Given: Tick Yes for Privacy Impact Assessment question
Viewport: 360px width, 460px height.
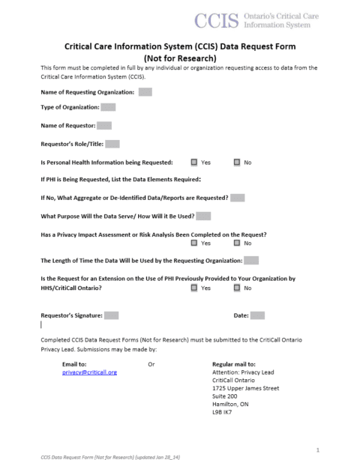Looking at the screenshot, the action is coord(194,243).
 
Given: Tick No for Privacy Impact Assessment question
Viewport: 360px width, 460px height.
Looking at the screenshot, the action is coord(237,243).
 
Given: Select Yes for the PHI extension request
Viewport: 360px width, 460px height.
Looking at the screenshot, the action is coord(194,288).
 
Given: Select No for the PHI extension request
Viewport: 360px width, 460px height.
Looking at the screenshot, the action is coord(237,288).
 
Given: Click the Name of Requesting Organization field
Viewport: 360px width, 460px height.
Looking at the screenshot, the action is coord(145,92).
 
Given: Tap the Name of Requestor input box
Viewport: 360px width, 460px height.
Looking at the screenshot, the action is coord(104,126).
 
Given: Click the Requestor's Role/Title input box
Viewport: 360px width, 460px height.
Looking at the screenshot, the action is coord(113,144).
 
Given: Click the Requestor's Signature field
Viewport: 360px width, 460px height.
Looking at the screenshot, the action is coord(111,315).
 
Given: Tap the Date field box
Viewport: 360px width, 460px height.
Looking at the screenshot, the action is coord(257,315).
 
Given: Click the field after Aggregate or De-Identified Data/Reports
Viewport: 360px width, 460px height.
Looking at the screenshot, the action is coord(238,198).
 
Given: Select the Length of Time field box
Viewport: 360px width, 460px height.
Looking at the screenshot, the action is coord(251,261).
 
